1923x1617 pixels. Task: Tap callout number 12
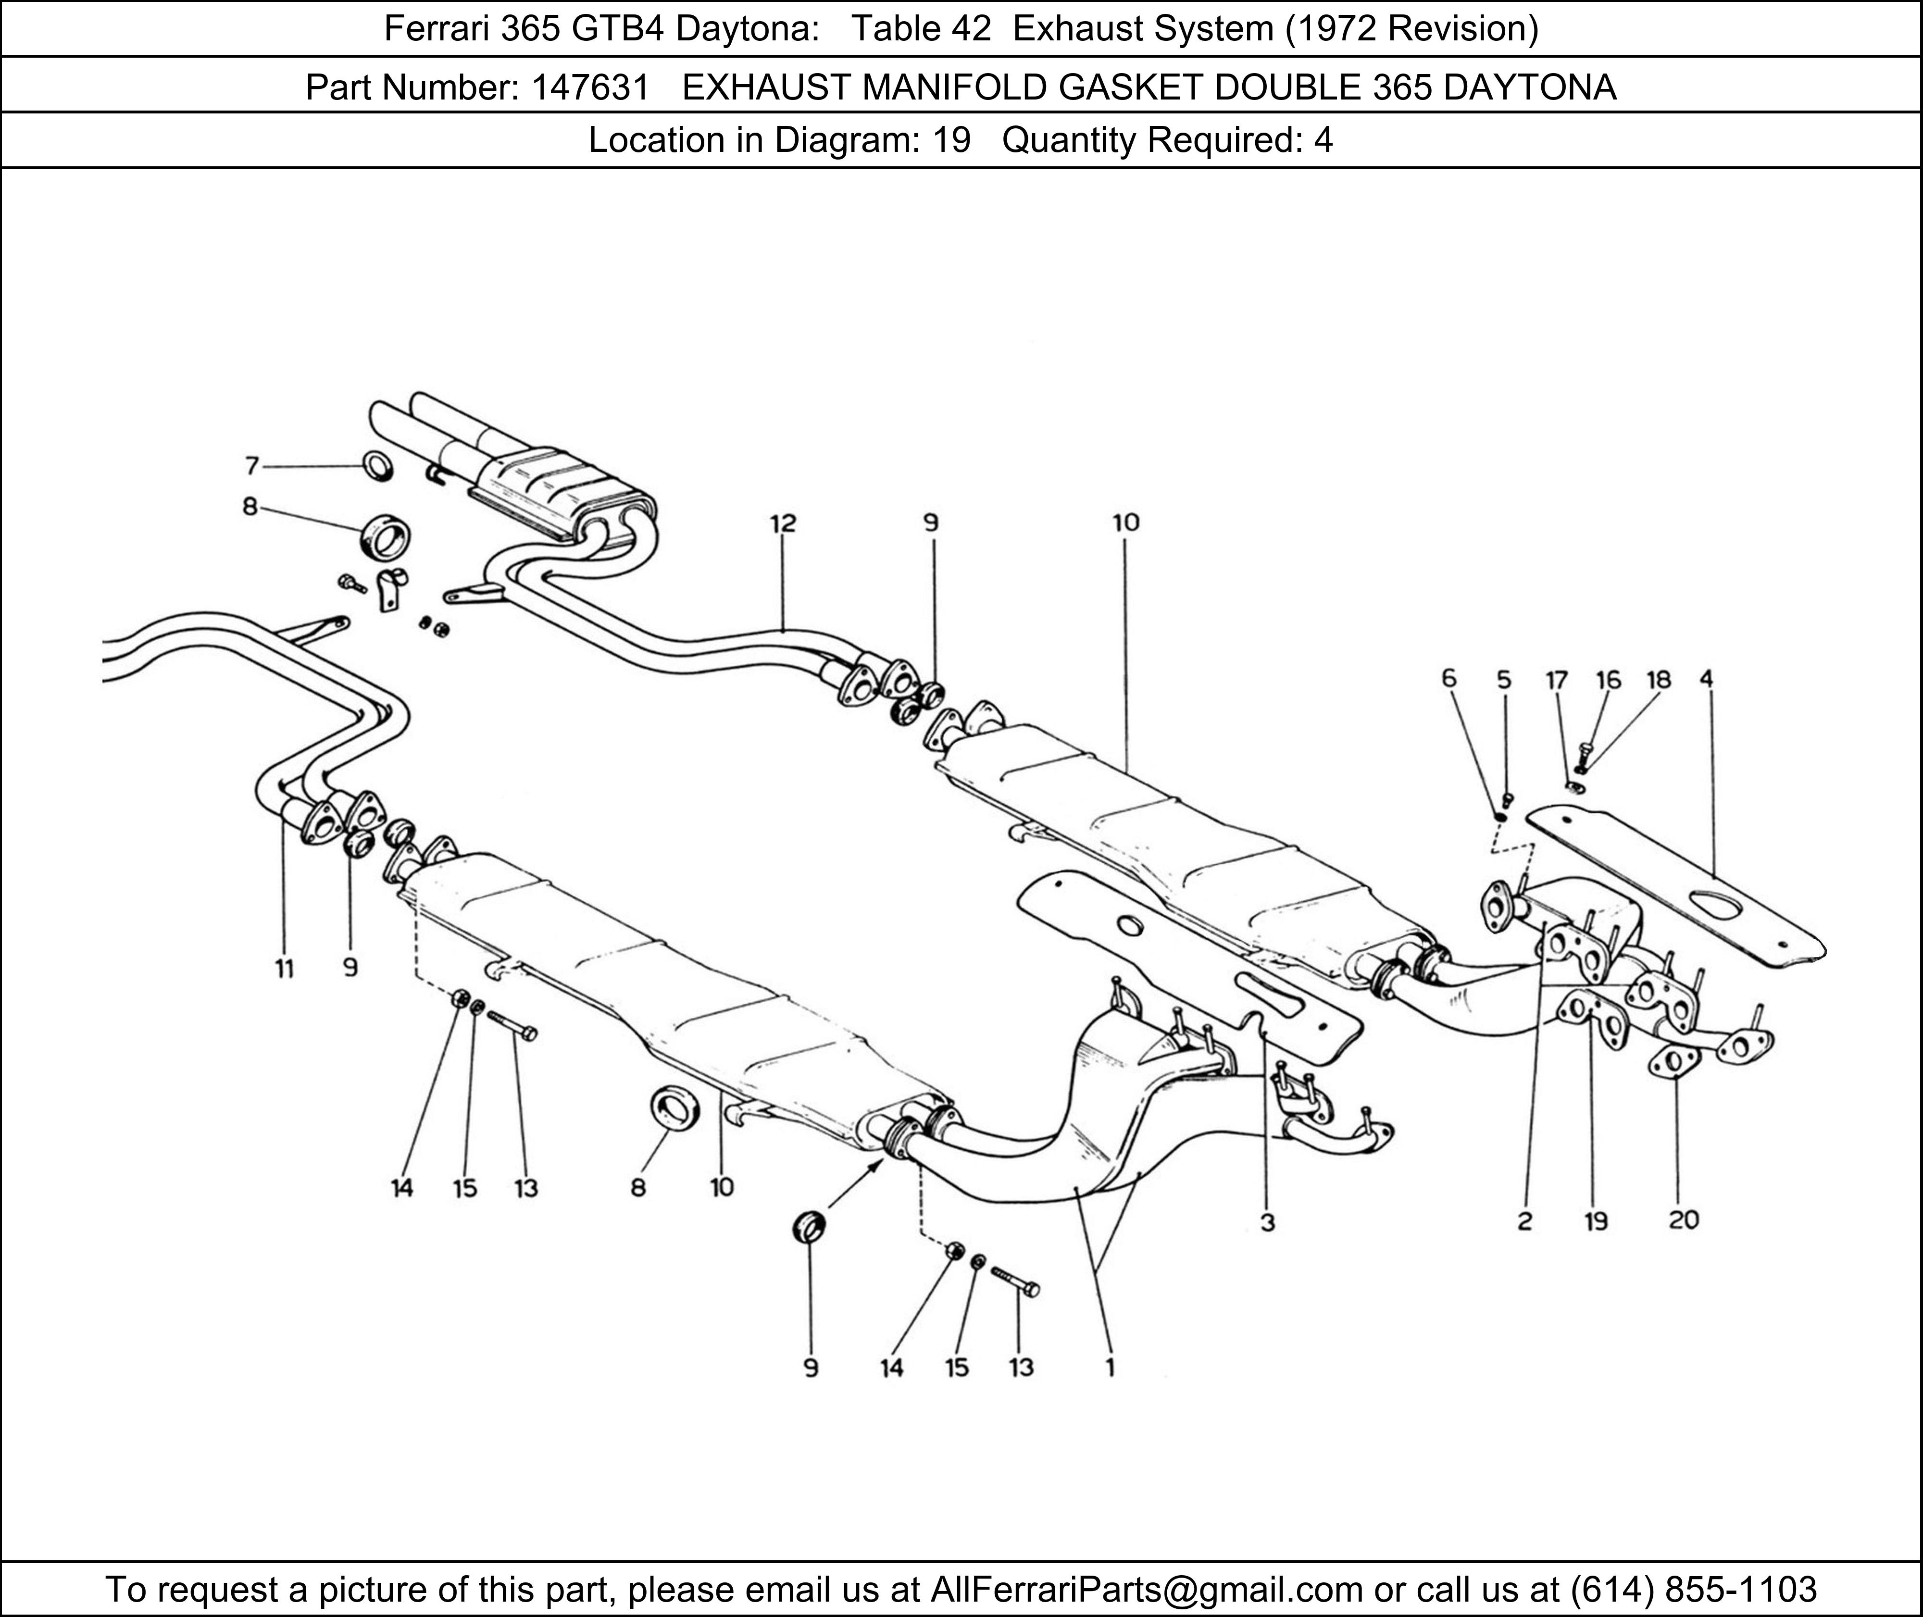point(783,523)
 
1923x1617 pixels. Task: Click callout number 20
point(1684,1220)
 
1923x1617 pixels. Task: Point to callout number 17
point(1556,679)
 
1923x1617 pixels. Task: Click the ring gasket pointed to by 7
point(378,467)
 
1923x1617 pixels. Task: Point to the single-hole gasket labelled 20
point(1673,1062)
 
